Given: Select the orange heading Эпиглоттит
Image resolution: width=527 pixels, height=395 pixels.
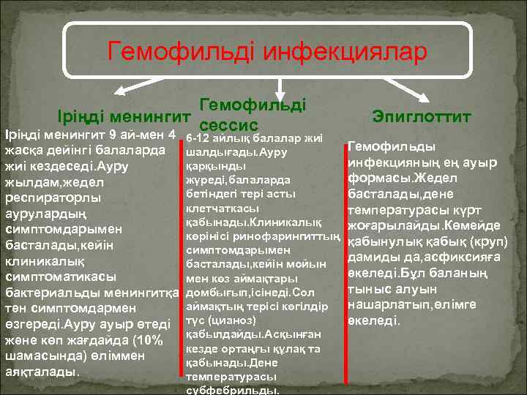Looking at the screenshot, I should [422, 116].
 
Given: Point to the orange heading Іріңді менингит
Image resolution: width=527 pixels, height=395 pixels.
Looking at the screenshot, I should [126, 116].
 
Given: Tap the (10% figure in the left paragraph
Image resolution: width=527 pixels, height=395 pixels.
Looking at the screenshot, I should [156, 339].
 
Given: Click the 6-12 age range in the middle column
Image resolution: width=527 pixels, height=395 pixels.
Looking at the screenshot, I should [199, 139].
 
